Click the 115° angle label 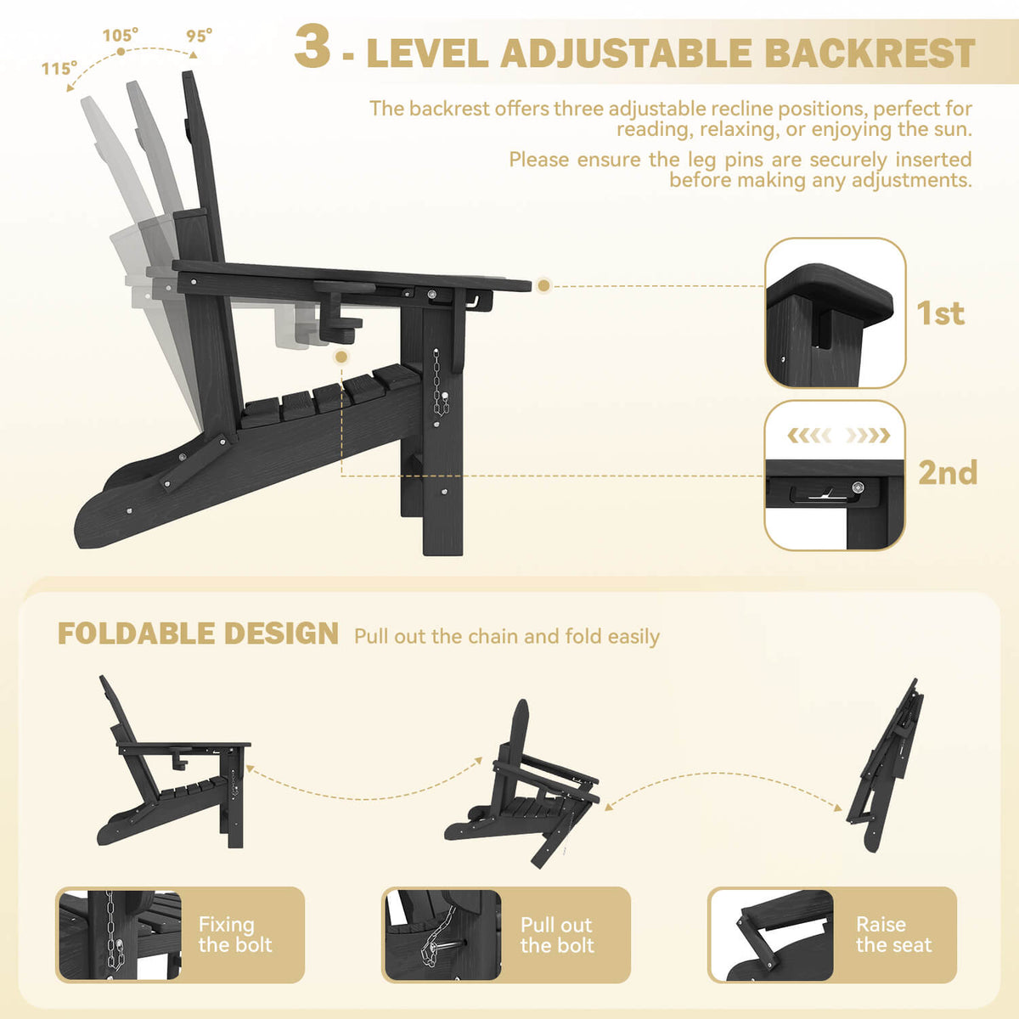click(x=59, y=69)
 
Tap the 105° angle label click(x=121, y=36)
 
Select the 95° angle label click(x=200, y=36)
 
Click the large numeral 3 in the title click(x=312, y=47)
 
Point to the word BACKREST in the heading click(x=870, y=53)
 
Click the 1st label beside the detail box click(x=941, y=313)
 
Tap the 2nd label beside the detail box click(x=948, y=472)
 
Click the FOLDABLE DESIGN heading click(x=198, y=633)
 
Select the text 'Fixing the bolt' click(x=234, y=934)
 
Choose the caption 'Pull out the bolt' click(x=557, y=935)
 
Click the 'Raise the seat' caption click(x=893, y=934)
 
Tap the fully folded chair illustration click(x=884, y=765)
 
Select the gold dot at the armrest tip click(x=543, y=285)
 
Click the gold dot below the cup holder click(x=341, y=357)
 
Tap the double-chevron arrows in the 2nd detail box click(x=838, y=436)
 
